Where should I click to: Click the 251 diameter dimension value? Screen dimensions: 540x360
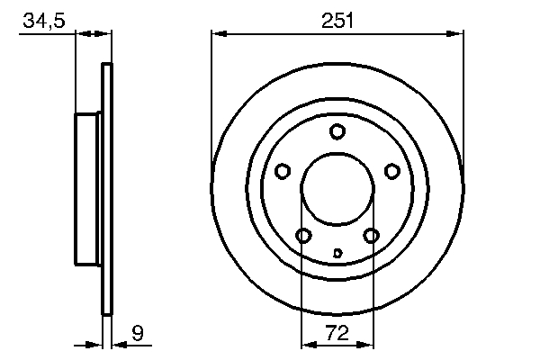tap(337, 21)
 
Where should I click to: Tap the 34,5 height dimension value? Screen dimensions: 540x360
tap(44, 21)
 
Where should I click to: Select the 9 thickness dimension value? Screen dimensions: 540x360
tap(138, 332)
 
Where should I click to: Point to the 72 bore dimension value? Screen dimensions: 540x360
tap(337, 332)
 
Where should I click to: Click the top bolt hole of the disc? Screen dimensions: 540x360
tap(337, 131)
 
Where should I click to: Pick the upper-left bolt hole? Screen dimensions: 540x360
tap(283, 171)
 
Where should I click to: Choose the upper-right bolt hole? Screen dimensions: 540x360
tap(391, 171)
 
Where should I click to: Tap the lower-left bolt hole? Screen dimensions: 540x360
tap(303, 236)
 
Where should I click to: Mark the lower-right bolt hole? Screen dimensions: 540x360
tap(371, 236)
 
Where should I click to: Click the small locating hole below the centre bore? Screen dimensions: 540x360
tap(337, 253)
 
